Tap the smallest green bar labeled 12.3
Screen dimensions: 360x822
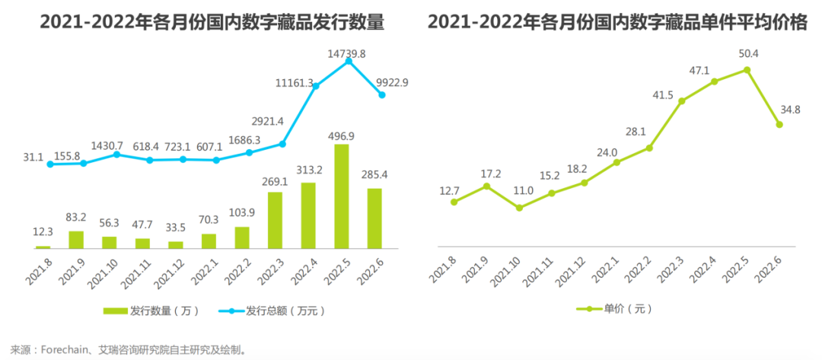(43, 247)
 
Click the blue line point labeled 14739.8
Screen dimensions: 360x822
(349, 61)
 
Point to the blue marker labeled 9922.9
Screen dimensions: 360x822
(381, 94)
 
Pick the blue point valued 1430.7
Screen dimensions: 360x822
(116, 154)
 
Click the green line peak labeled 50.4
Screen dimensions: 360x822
(747, 69)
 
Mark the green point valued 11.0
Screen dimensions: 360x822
(519, 207)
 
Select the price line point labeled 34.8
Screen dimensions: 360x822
(779, 124)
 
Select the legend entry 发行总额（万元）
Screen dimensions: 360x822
(275, 311)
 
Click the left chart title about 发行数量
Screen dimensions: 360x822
(212, 24)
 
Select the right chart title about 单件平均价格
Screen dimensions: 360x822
(617, 24)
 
